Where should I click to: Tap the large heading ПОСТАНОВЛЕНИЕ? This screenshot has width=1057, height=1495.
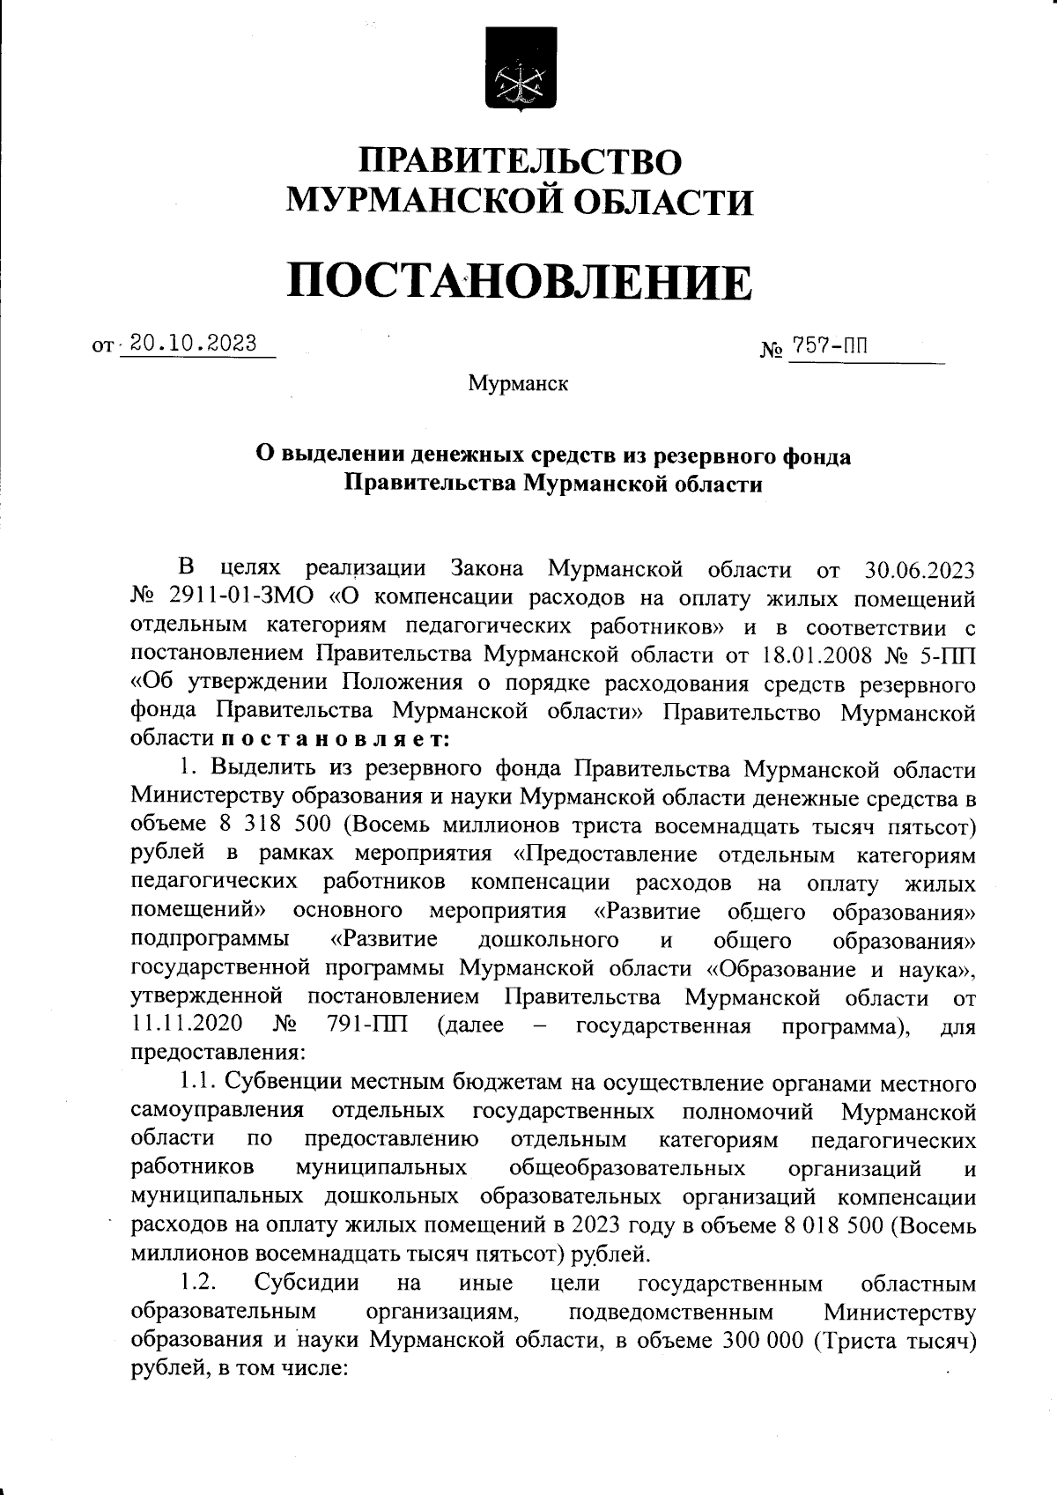pyautogui.click(x=521, y=281)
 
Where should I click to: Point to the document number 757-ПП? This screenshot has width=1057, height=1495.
pyautogui.click(x=829, y=346)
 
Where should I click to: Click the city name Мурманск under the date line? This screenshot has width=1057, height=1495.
pyautogui.click(x=518, y=384)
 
